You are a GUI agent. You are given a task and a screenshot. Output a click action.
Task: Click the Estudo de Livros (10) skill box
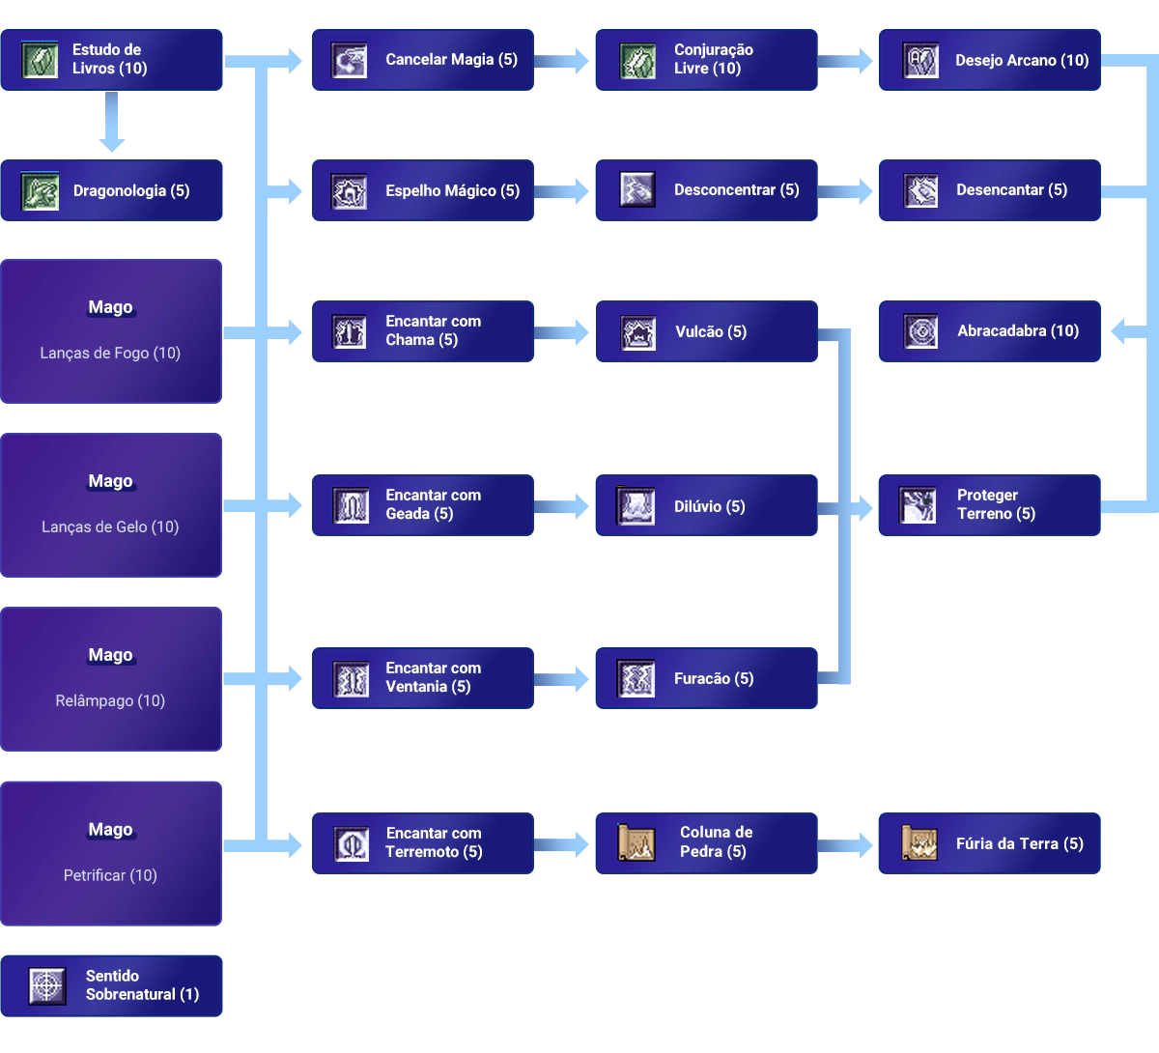[x=112, y=59]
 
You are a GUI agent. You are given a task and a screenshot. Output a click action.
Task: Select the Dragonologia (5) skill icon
[x=40, y=190]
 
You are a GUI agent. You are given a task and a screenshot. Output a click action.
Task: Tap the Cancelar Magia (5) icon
[x=349, y=60]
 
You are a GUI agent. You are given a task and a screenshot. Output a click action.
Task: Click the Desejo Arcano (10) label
[x=1021, y=60]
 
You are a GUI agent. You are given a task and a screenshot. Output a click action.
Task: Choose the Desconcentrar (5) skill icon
[x=636, y=190]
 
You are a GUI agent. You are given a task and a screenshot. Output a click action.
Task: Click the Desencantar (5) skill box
[x=988, y=190]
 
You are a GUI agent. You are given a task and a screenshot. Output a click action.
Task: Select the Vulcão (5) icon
[x=637, y=332]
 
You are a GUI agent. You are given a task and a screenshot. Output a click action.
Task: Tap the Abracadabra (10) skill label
[x=1017, y=331]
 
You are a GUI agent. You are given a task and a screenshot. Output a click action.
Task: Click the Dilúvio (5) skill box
[x=706, y=506]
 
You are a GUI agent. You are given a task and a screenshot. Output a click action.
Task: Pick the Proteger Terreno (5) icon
[x=918, y=504]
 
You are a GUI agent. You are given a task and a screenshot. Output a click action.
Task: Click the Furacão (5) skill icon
[x=636, y=679]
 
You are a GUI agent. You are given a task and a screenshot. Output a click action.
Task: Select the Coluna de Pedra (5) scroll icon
[x=636, y=842]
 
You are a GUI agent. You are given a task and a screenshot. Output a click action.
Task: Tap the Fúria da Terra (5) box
[x=988, y=844]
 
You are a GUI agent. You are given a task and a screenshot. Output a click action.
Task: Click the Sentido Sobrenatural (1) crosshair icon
[x=47, y=986]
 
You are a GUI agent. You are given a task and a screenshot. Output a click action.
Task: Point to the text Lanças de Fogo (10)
[x=110, y=354]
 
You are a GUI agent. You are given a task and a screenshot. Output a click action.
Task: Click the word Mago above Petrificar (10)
[x=110, y=830]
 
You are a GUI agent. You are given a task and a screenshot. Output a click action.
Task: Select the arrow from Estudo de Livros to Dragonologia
[x=112, y=123]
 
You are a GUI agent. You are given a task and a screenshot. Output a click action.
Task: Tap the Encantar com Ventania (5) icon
[x=350, y=679]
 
